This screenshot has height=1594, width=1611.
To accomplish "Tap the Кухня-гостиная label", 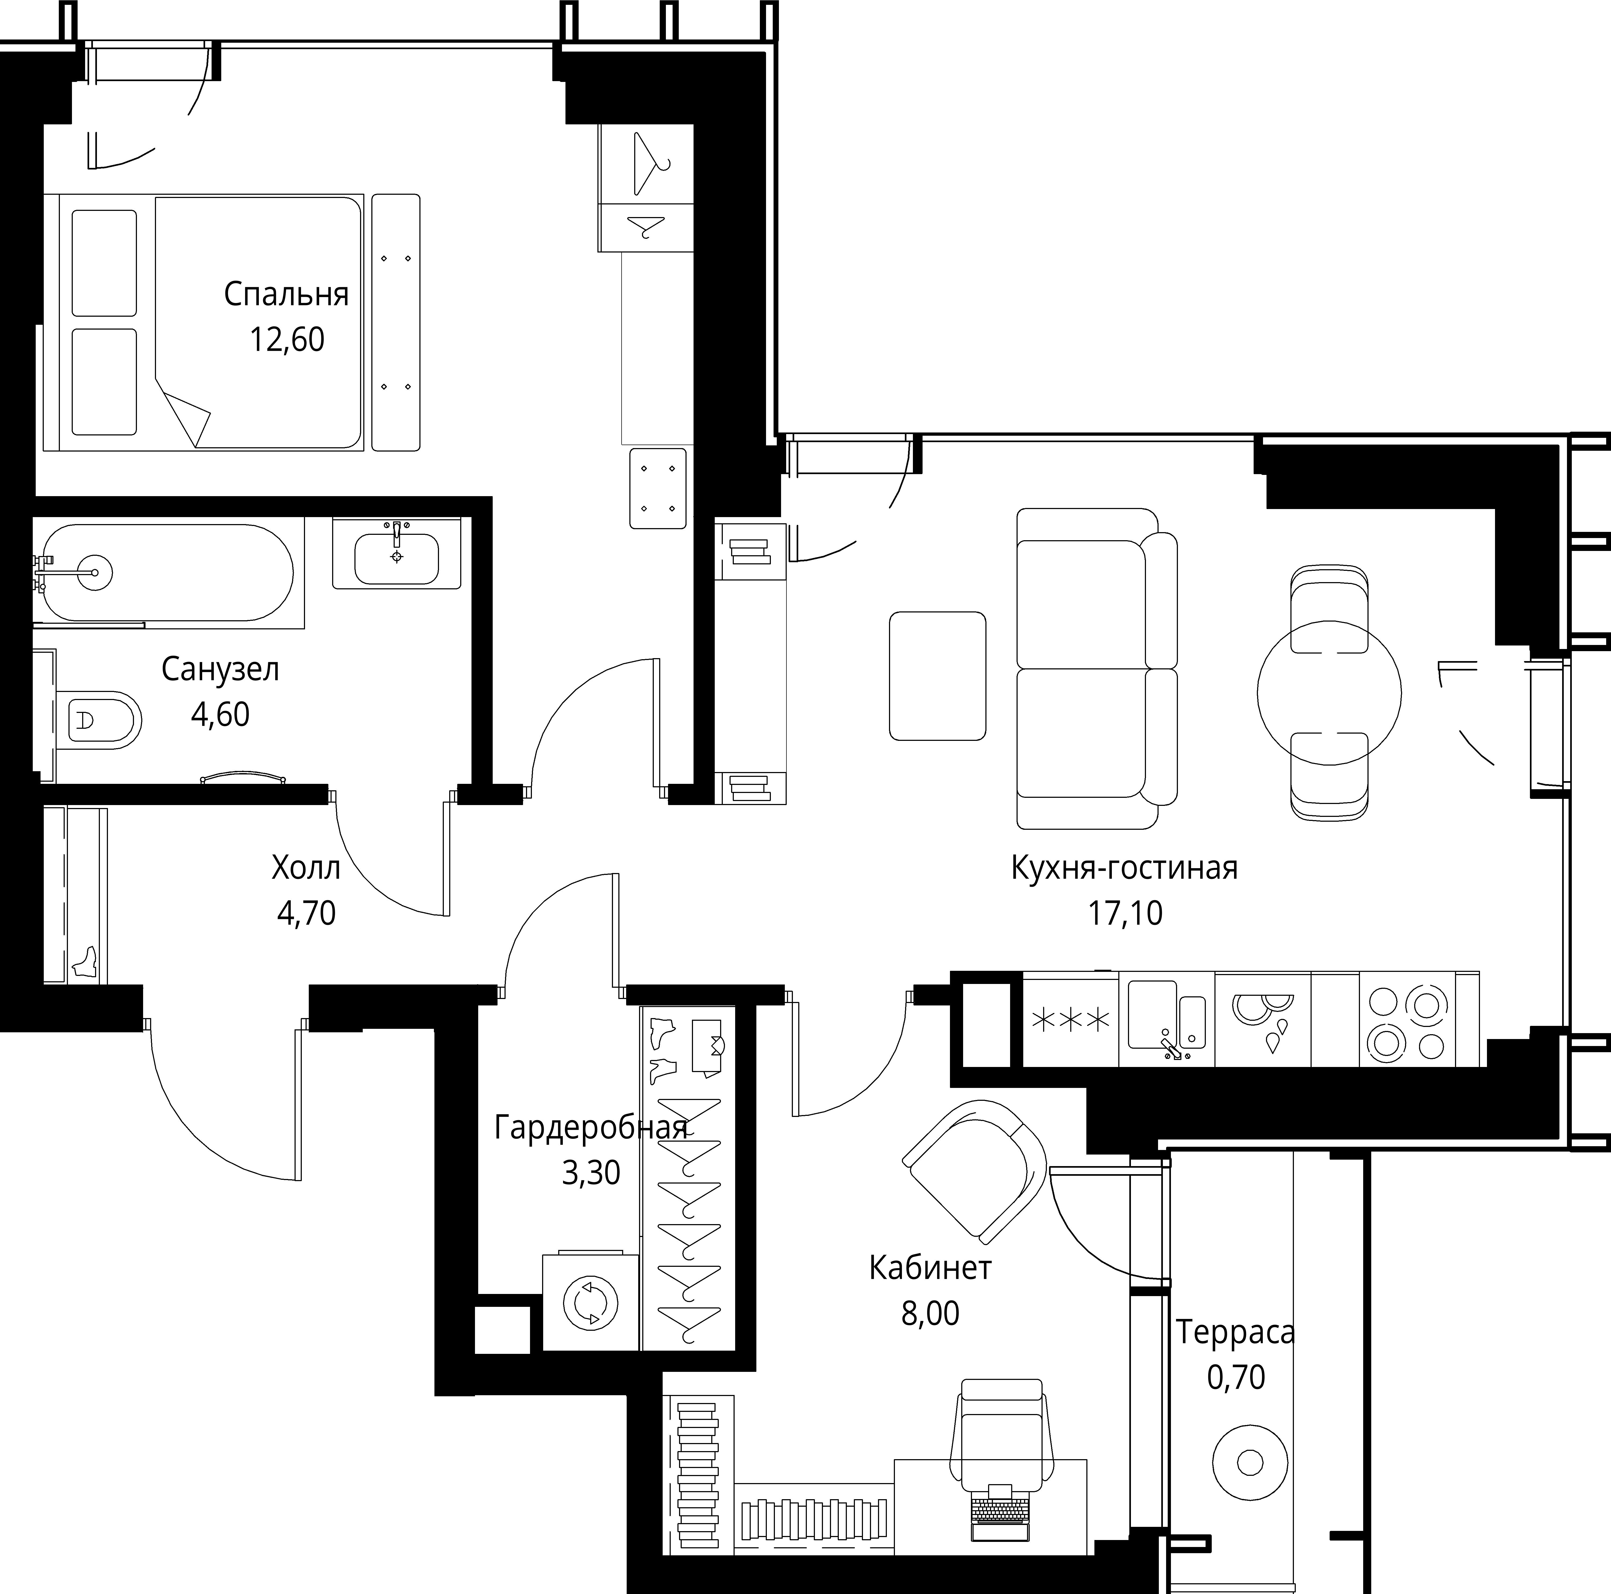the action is (x=1124, y=868).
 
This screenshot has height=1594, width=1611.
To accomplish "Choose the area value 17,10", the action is (x=1125, y=913).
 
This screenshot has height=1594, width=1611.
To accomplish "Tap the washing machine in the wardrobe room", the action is (x=591, y=1303).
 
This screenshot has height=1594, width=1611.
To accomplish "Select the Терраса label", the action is (x=1235, y=1332).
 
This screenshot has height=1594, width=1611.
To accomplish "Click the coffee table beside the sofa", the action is (x=937, y=676).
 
